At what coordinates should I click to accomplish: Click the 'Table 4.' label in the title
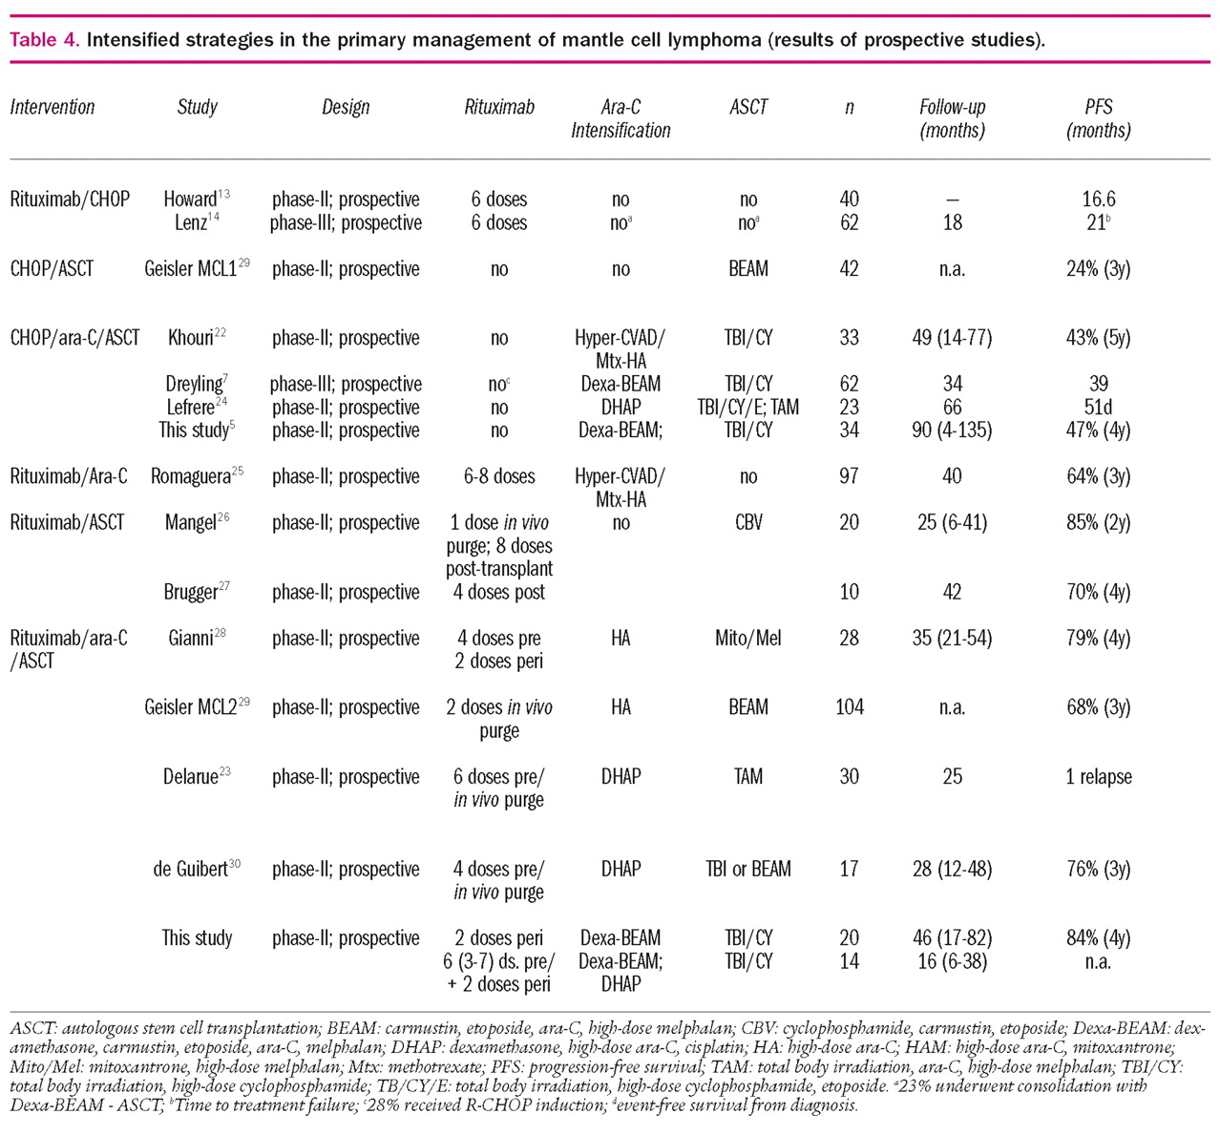pyautogui.click(x=44, y=41)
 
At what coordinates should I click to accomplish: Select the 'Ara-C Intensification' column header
pyautogui.click(x=621, y=118)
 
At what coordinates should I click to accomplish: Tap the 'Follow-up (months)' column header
pyautogui.click(x=952, y=118)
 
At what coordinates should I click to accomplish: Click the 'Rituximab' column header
pyautogui.click(x=498, y=107)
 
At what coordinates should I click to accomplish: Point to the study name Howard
pyautogui.click(x=191, y=200)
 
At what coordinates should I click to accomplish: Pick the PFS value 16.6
pyautogui.click(x=1098, y=200)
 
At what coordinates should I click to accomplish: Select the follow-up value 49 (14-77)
pyautogui.click(x=952, y=338)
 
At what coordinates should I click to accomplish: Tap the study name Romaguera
pyautogui.click(x=191, y=476)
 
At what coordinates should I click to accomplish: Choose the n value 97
pyautogui.click(x=849, y=476)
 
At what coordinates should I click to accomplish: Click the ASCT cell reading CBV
pyautogui.click(x=747, y=522)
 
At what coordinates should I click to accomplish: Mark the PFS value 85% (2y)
pyautogui.click(x=1098, y=522)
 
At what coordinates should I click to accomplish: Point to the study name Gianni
pyautogui.click(x=192, y=638)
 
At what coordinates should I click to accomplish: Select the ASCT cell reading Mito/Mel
pyautogui.click(x=747, y=638)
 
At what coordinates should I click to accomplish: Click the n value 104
pyautogui.click(x=849, y=707)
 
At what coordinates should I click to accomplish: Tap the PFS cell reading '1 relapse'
pyautogui.click(x=1098, y=777)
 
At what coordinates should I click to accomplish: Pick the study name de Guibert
pyautogui.click(x=191, y=869)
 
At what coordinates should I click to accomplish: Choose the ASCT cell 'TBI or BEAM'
pyautogui.click(x=747, y=869)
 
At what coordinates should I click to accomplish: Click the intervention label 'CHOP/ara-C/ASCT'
pyautogui.click(x=74, y=338)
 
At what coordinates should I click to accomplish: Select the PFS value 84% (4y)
pyautogui.click(x=1098, y=938)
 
